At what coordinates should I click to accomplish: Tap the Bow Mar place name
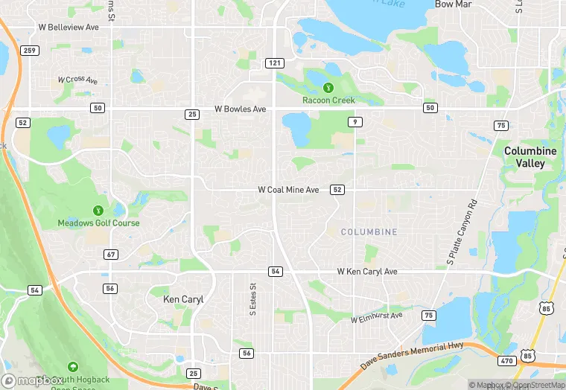click(454, 4)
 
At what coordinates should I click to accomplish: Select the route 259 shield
click(29, 50)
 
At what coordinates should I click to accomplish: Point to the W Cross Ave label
click(77, 80)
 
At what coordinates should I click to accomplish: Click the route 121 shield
click(275, 64)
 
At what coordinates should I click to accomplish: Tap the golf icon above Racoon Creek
click(328, 87)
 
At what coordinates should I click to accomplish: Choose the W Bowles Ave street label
click(240, 109)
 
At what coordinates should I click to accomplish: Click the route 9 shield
click(357, 121)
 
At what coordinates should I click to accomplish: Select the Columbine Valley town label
click(530, 157)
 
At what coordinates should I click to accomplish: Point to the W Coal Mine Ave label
click(288, 191)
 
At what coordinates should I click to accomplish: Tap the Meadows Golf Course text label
click(98, 223)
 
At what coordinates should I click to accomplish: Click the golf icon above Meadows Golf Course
click(98, 211)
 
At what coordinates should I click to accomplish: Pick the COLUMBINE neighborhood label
click(369, 232)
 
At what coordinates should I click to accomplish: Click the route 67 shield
click(111, 255)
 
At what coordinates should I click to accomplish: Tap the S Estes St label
click(252, 297)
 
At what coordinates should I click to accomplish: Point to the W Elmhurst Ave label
click(377, 317)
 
